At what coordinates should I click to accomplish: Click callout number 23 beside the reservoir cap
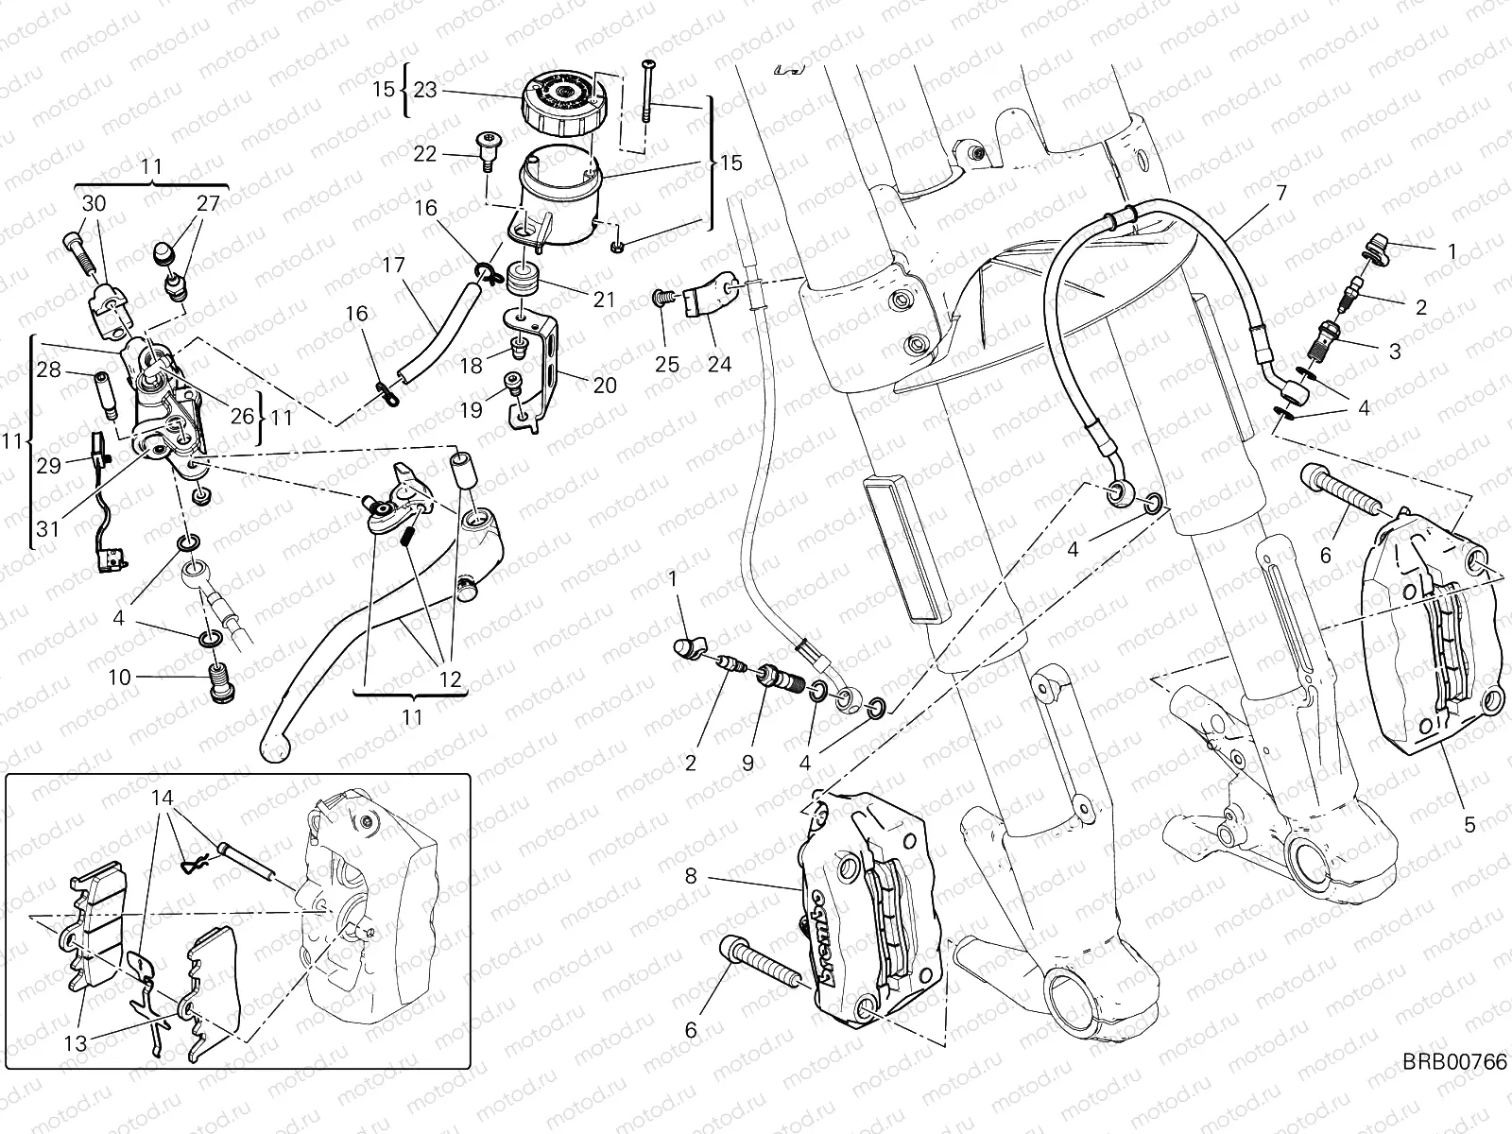pyautogui.click(x=425, y=90)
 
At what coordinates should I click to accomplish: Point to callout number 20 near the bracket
pyautogui.click(x=604, y=385)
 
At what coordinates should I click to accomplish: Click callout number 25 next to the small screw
pyautogui.click(x=667, y=365)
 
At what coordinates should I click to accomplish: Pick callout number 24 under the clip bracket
pyautogui.click(x=719, y=365)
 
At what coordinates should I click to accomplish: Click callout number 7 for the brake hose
pyautogui.click(x=1280, y=193)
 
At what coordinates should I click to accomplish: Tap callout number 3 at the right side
pyautogui.click(x=1394, y=352)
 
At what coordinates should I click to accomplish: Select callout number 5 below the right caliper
pyautogui.click(x=1469, y=824)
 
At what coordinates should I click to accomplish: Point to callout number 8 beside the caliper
pyautogui.click(x=691, y=876)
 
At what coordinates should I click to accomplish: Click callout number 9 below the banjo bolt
pyautogui.click(x=747, y=763)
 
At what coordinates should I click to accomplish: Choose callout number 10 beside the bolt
pyautogui.click(x=119, y=678)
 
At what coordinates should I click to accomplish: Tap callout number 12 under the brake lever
pyautogui.click(x=450, y=679)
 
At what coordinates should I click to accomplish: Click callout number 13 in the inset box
pyautogui.click(x=76, y=1043)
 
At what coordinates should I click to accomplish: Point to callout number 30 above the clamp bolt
pyautogui.click(x=94, y=202)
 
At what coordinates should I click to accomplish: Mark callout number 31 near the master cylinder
pyautogui.click(x=48, y=529)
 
